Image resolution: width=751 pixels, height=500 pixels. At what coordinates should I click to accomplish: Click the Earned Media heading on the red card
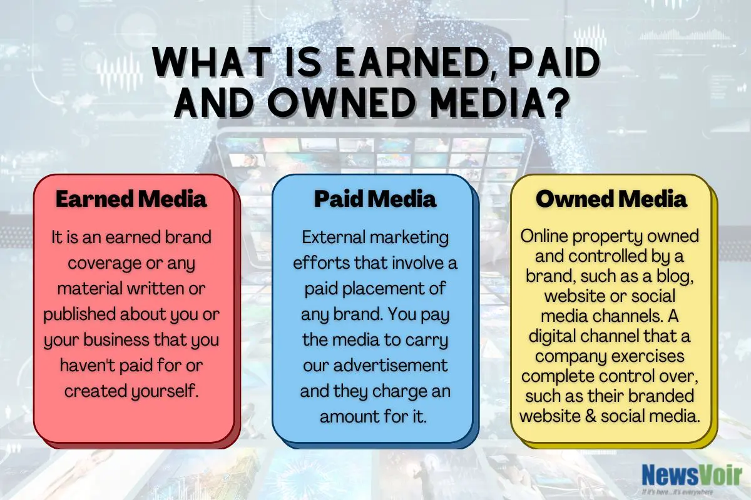[x=131, y=199]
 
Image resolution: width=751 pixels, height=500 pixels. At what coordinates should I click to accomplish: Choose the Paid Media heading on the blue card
[x=375, y=199]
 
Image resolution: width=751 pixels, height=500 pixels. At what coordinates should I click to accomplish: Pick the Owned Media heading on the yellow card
[x=611, y=199]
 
